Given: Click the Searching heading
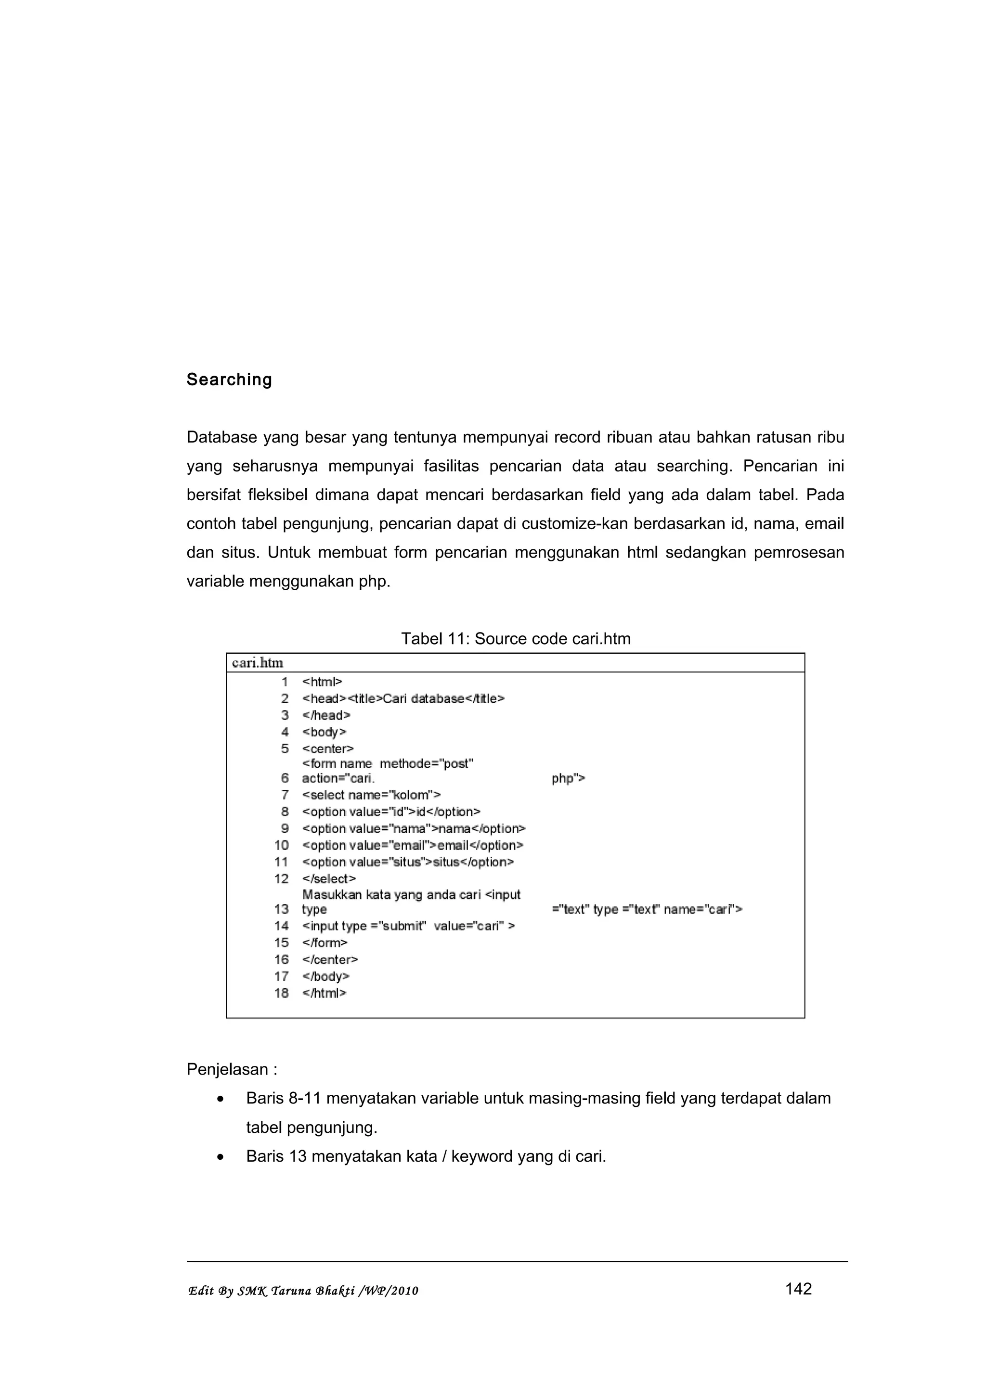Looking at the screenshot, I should [x=229, y=380].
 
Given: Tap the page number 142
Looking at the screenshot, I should [x=798, y=1289].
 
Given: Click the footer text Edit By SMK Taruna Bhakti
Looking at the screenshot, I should [x=303, y=1291].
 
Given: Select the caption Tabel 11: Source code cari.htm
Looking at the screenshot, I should [x=516, y=639].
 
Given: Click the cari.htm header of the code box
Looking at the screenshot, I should [x=258, y=662].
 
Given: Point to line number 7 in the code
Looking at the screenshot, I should [x=285, y=795].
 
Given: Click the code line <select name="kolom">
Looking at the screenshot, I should [x=371, y=795].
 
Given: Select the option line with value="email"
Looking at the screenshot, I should [x=413, y=845].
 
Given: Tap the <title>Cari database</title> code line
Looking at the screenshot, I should [x=403, y=698].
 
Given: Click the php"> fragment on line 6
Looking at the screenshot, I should [x=568, y=778].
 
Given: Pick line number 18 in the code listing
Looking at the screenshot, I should [x=281, y=993].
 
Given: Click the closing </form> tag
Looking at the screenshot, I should [x=324, y=943].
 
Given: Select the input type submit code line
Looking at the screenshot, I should [x=408, y=926].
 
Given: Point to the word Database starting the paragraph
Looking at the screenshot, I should [x=222, y=437].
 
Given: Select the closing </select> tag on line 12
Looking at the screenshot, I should [x=329, y=878].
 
